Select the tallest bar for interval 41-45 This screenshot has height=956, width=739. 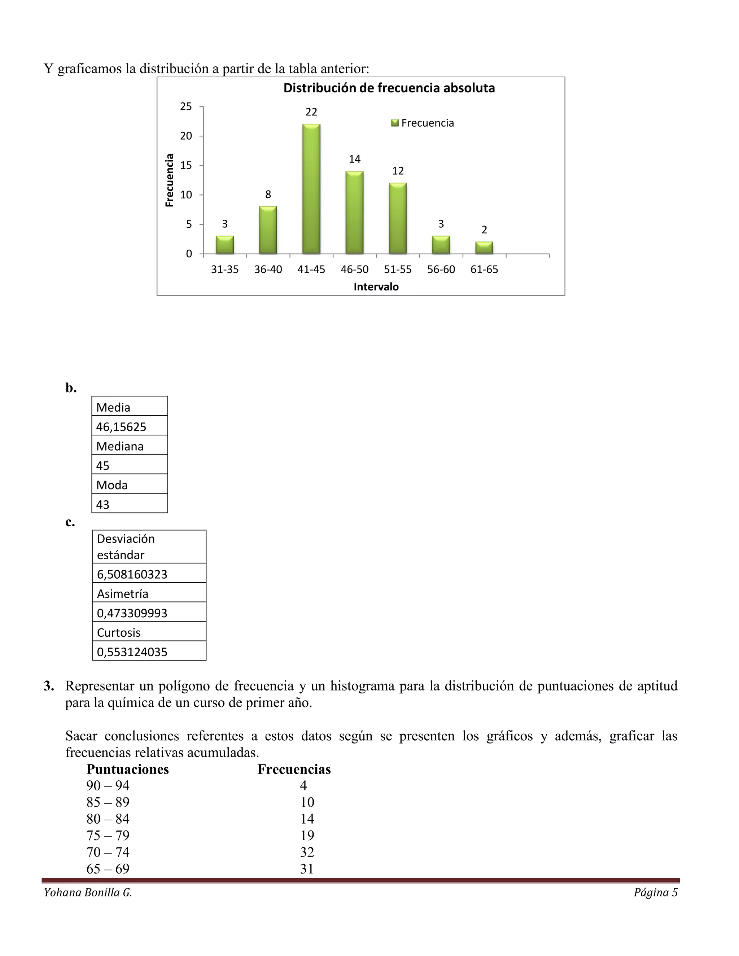coord(311,189)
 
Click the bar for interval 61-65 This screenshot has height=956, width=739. coord(484,248)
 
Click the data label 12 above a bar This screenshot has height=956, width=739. coord(398,171)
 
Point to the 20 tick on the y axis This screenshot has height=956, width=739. coord(186,136)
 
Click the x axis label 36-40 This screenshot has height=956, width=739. coord(268,269)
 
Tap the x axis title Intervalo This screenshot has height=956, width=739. coord(376,287)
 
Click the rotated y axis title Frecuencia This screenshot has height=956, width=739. coord(170,180)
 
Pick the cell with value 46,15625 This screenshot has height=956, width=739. coord(121,427)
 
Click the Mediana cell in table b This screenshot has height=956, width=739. coord(120,446)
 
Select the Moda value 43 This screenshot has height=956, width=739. coord(103,504)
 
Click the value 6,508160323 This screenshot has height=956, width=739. coord(132,574)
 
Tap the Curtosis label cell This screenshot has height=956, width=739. coord(119,632)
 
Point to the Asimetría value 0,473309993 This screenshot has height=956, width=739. coord(132,613)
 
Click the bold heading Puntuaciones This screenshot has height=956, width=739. coord(127,769)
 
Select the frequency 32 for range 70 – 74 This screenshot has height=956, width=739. coord(307,852)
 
